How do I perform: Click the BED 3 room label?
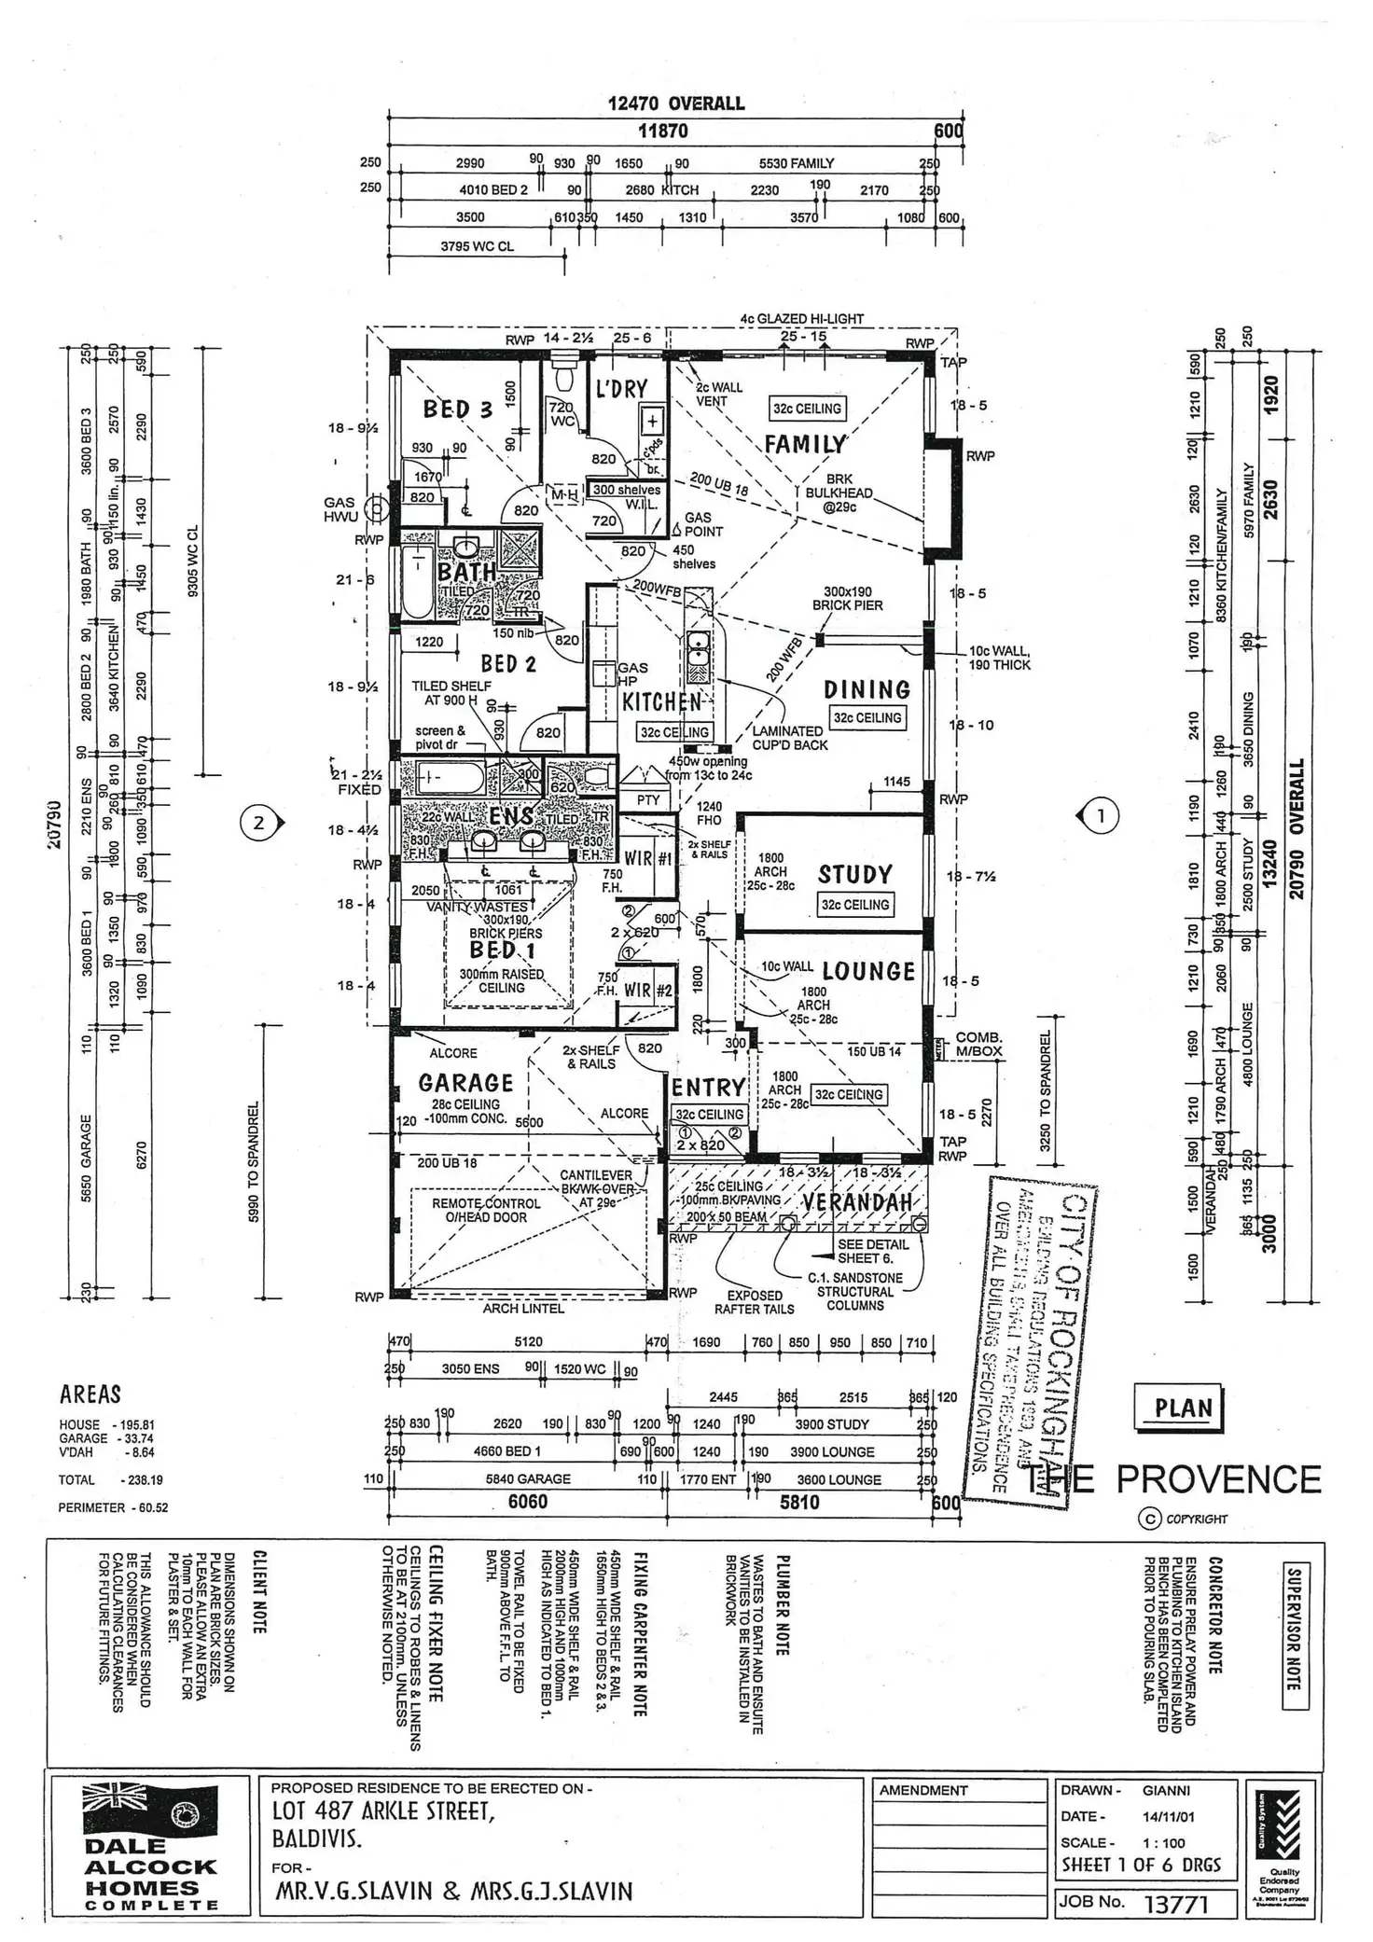tap(457, 409)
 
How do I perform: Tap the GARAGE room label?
tap(465, 1083)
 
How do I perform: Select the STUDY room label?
tap(855, 875)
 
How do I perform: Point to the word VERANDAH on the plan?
tap(856, 1202)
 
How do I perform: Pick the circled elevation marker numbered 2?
tap(258, 823)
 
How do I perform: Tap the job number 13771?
tap(1175, 1904)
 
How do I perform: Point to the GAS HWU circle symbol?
tap(375, 508)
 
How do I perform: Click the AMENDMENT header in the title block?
tap(923, 1790)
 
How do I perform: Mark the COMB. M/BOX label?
tap(978, 1044)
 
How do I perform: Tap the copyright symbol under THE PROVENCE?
tap(1148, 1519)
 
